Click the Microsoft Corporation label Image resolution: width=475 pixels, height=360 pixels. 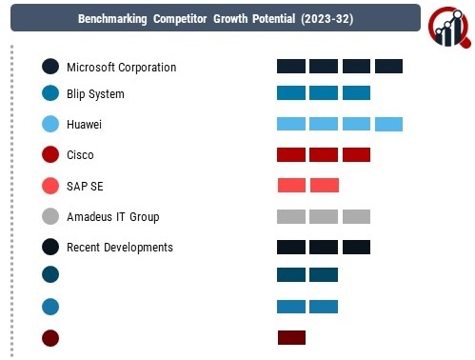tap(122, 68)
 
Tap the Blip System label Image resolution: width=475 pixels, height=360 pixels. tap(95, 94)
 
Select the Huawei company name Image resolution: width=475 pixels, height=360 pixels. tap(84, 124)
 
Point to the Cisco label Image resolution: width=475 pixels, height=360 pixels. tap(80, 155)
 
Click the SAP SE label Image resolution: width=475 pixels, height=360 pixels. tap(85, 186)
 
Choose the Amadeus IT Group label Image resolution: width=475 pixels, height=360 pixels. tap(113, 217)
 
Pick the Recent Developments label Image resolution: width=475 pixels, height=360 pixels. tap(120, 248)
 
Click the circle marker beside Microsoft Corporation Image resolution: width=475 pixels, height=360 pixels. tap(50, 67)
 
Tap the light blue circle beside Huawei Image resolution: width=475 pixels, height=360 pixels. tap(50, 124)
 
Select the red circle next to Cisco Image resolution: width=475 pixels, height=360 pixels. tap(50, 154)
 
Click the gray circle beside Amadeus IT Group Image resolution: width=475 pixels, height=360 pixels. tap(50, 216)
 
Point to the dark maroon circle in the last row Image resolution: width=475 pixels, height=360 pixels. tap(50, 338)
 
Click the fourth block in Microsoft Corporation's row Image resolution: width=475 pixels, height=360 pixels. tap(388, 66)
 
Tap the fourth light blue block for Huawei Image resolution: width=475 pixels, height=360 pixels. tap(388, 124)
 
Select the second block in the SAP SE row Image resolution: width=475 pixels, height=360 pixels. tap(325, 186)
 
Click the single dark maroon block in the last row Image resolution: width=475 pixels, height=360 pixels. tap(291, 337)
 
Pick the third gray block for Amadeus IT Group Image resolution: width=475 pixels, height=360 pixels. tap(356, 216)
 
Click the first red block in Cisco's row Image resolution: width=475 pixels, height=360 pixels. tap(291, 154)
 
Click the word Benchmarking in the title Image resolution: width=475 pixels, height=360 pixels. tap(112, 19)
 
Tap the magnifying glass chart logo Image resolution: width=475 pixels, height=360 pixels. tap(449, 28)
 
